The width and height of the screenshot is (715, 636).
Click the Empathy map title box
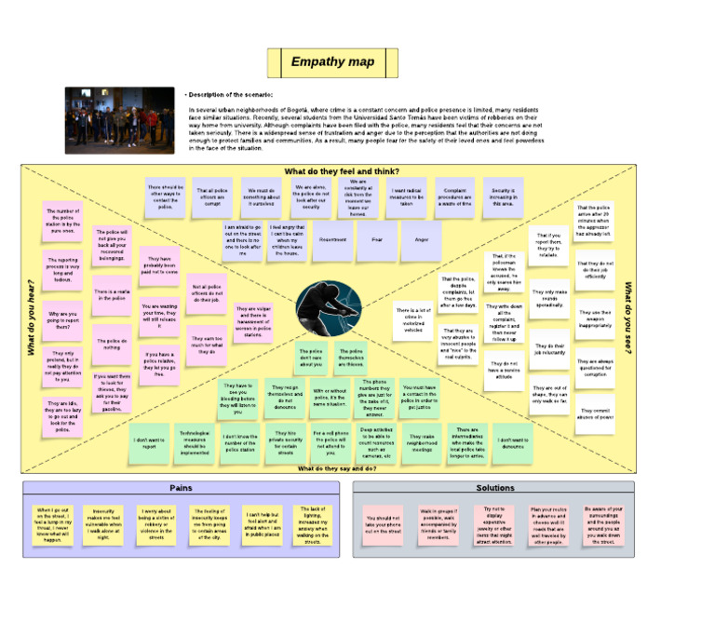(x=332, y=62)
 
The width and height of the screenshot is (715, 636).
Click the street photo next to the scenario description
(x=119, y=120)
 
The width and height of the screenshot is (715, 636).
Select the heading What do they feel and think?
(x=342, y=171)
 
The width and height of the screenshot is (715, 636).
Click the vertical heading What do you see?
(x=628, y=317)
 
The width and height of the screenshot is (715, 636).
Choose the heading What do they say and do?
(x=338, y=468)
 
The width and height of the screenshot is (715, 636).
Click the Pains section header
(x=181, y=488)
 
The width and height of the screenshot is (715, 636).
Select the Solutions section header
(x=494, y=488)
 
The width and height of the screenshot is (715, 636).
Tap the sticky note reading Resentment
(x=332, y=240)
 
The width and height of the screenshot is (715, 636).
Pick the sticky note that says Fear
(x=377, y=240)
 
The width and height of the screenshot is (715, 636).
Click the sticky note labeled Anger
(x=422, y=240)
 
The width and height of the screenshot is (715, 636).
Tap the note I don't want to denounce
(x=513, y=443)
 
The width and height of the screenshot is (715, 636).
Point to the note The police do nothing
(x=111, y=344)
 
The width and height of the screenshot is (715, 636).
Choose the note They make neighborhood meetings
(x=423, y=443)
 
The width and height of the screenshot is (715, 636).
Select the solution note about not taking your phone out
(x=384, y=523)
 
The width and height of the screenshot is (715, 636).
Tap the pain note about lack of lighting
(x=312, y=524)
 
